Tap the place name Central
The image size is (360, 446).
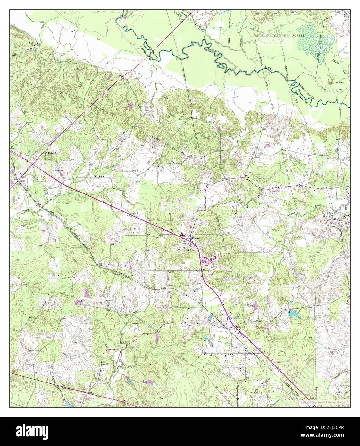196,238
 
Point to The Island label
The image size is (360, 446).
339,82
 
